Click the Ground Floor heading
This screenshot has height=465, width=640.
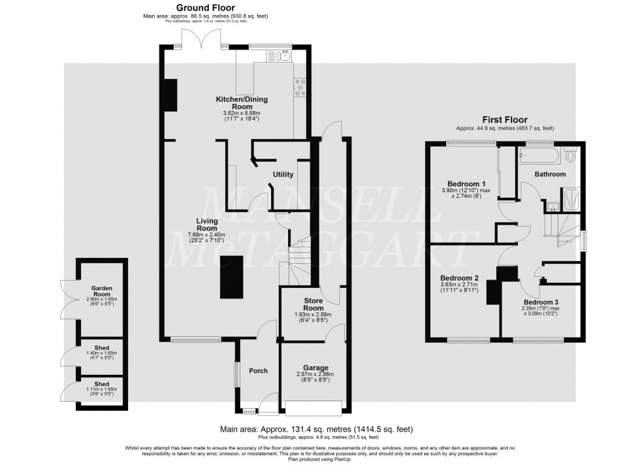[206, 7]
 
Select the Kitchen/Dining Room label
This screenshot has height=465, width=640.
[242, 103]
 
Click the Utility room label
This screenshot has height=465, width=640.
[283, 174]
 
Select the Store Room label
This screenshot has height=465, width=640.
[313, 304]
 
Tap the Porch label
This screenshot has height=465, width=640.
[259, 371]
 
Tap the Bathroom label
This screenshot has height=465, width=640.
[550, 174]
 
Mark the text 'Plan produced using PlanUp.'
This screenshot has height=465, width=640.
[320, 458]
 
